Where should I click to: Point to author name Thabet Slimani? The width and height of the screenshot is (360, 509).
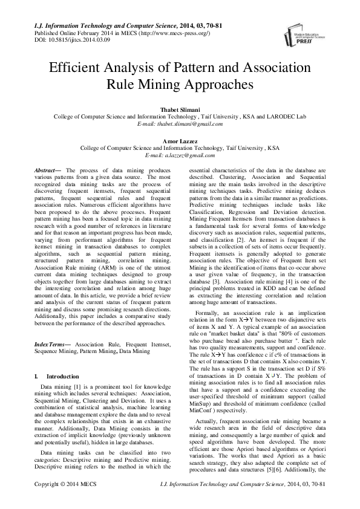[179, 109]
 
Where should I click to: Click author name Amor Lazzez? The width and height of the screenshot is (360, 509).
[180, 140]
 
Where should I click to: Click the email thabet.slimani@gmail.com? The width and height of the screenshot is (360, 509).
[187, 124]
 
